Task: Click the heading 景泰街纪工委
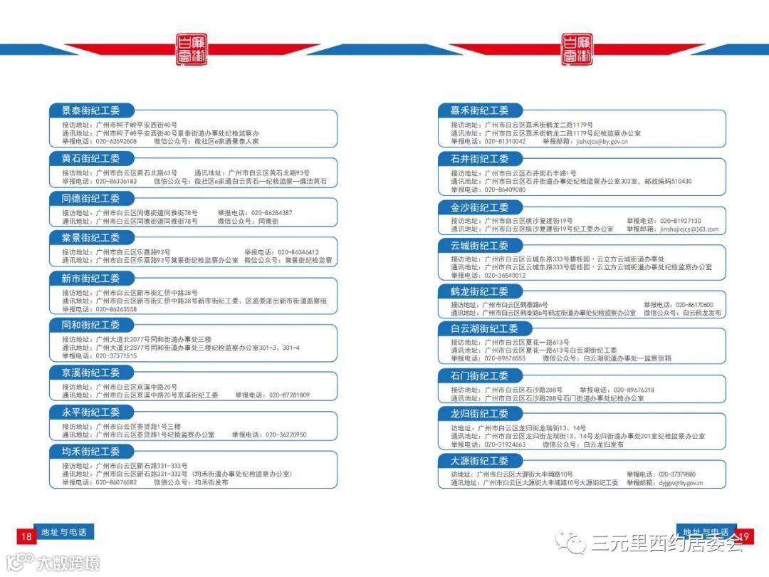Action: [90, 110]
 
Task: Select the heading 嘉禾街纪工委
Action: [479, 110]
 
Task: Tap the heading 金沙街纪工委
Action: [479, 207]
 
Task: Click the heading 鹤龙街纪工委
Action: [479, 291]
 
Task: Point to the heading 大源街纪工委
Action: [479, 460]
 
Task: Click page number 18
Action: [26, 536]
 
